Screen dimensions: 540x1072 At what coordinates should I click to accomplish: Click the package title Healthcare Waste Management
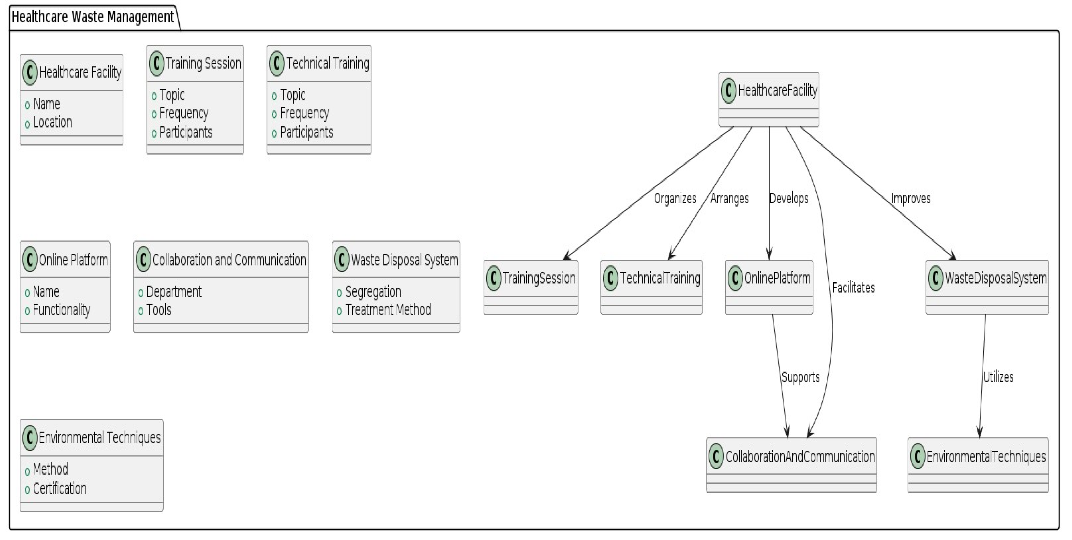[92, 17]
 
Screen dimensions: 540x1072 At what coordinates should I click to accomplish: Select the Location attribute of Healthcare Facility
[52, 122]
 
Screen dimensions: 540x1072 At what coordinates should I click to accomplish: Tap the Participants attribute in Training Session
[186, 132]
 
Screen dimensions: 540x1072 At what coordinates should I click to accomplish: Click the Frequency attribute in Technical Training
[304, 113]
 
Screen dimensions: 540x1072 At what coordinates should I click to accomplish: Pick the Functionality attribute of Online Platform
[61, 310]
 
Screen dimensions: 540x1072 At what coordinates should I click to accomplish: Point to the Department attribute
[174, 292]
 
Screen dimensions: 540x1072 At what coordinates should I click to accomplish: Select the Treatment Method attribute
[388, 310]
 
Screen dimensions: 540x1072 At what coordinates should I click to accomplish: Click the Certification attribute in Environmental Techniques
[60, 488]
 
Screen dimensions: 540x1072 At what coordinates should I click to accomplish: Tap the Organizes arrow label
[675, 198]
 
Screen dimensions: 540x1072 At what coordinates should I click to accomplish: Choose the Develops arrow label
[789, 198]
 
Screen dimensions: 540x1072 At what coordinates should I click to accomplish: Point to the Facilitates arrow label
[853, 288]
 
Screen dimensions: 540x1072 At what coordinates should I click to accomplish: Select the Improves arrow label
[911, 198]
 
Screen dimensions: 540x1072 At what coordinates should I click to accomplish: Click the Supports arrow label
[800, 377]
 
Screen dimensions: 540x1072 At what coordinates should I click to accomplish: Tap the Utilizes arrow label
[998, 377]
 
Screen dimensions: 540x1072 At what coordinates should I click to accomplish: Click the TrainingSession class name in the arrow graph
[539, 278]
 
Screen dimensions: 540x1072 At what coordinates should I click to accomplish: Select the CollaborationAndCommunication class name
[800, 457]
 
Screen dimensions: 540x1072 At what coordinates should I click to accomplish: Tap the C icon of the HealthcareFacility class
[728, 90]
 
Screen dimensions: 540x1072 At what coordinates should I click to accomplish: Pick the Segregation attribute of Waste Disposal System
[373, 292]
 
